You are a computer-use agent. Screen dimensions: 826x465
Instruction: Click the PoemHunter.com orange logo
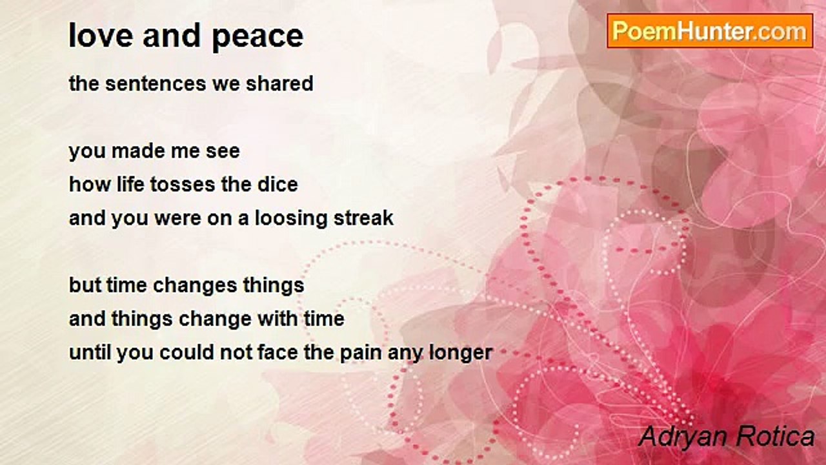(710, 31)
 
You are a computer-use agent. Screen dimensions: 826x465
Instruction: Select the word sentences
(156, 83)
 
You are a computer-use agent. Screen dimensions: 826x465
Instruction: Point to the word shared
(279, 83)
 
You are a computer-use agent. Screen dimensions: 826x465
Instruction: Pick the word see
(223, 152)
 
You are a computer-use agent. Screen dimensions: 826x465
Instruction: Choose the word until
(90, 352)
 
